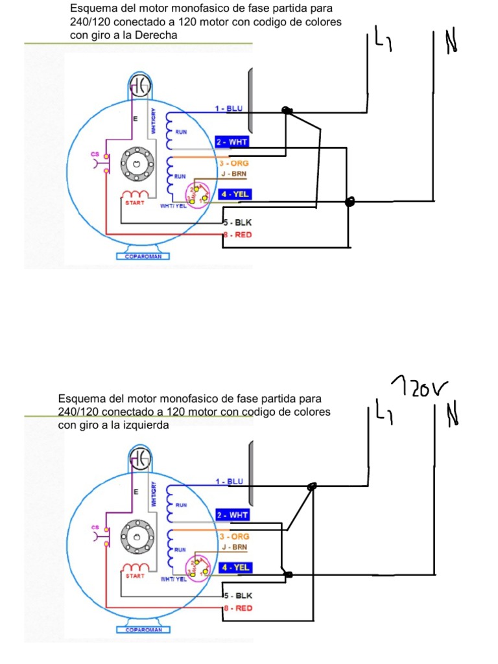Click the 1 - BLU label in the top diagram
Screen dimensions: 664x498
pyautogui.click(x=228, y=108)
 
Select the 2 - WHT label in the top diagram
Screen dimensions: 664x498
pyautogui.click(x=231, y=141)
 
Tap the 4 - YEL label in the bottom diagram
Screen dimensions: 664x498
pyautogui.click(x=233, y=567)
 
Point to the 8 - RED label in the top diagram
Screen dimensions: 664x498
pyautogui.click(x=237, y=235)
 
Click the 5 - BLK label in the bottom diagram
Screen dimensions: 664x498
pyautogui.click(x=237, y=595)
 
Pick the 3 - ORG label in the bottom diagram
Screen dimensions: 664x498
pyautogui.click(x=234, y=537)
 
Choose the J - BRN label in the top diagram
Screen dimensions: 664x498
pyautogui.click(x=233, y=174)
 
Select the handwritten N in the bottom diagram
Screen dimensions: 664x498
pyautogui.click(x=451, y=414)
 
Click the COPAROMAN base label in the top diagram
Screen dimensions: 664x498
pyautogui.click(x=143, y=256)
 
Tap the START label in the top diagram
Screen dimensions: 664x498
pyautogui.click(x=135, y=203)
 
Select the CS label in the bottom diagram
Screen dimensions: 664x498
pyautogui.click(x=94, y=528)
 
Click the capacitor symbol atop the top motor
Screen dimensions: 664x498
pyautogui.click(x=139, y=84)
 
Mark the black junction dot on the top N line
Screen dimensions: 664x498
pyautogui.click(x=350, y=202)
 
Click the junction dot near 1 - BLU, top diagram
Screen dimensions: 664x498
pyautogui.click(x=287, y=111)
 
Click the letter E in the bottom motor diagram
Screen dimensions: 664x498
pyautogui.click(x=136, y=493)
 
